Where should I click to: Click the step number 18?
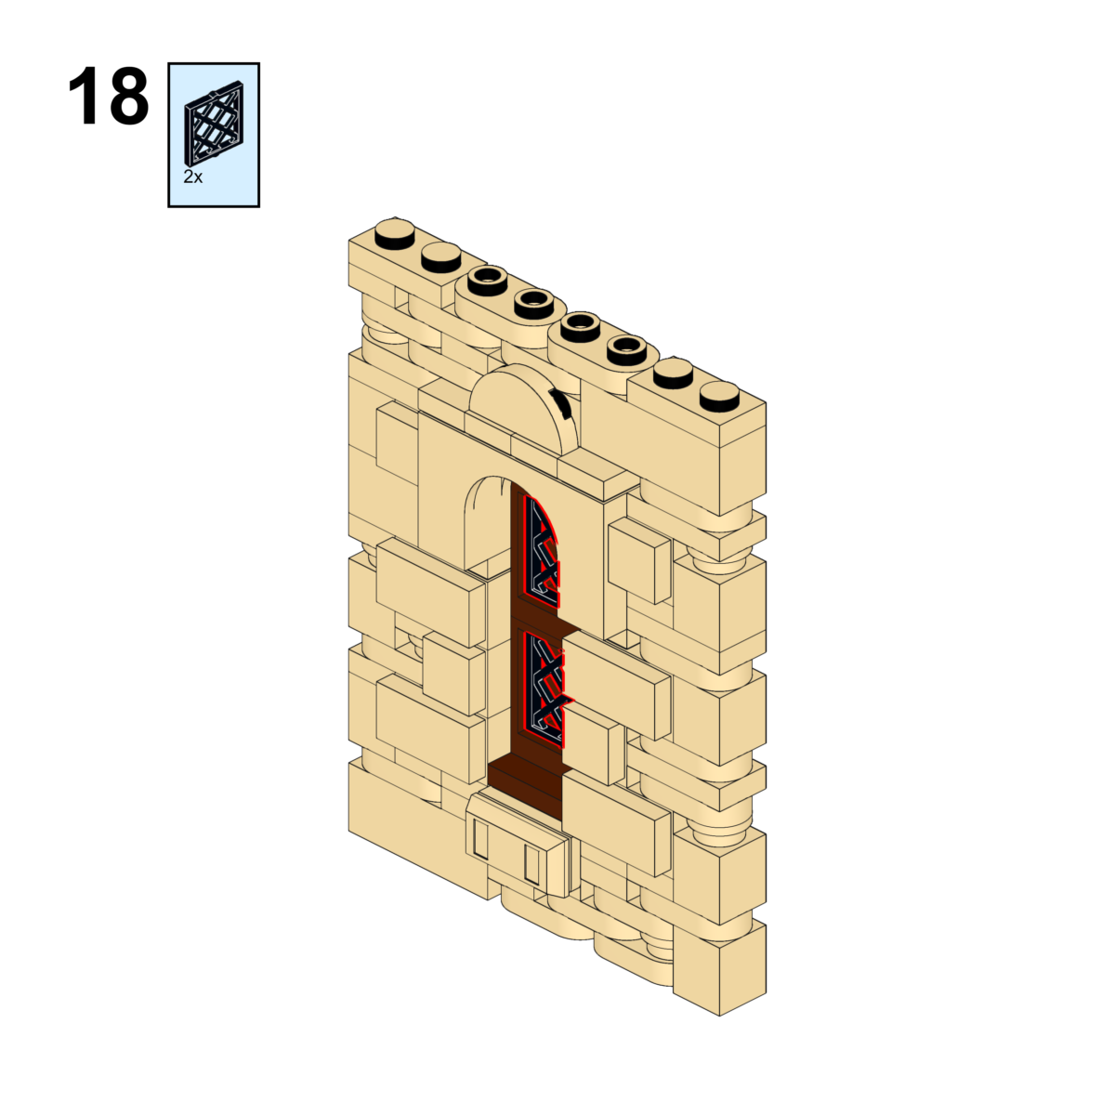click(108, 97)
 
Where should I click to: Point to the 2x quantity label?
click(193, 177)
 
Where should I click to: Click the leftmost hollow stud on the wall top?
click(488, 280)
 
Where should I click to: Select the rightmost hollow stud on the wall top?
click(626, 349)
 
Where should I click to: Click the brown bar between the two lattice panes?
click(539, 617)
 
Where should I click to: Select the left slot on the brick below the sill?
click(480, 839)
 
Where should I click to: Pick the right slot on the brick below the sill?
click(531, 865)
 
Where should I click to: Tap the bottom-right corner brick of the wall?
click(720, 971)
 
